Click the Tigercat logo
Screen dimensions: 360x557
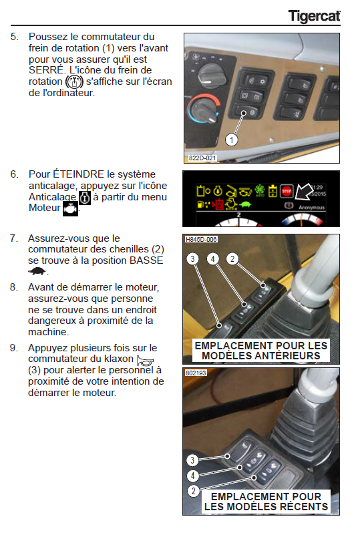point(314,16)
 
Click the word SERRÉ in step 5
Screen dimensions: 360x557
point(47,70)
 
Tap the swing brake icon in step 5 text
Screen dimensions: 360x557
point(74,81)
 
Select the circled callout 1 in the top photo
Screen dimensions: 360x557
point(231,140)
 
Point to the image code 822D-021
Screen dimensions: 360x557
point(202,158)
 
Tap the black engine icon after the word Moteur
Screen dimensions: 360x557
point(70,209)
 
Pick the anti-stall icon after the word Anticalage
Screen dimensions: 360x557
point(85,198)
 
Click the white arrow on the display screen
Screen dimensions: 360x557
point(304,192)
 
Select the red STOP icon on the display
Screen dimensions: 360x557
point(287,191)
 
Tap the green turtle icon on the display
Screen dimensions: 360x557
point(245,204)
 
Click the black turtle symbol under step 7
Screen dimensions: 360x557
point(37,272)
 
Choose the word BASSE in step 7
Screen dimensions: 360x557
point(146,260)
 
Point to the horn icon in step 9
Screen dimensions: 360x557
point(145,361)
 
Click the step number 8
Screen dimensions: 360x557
point(14,287)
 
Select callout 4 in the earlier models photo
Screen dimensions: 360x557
point(212,259)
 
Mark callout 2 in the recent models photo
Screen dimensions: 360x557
point(193,491)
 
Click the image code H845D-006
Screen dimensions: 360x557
point(201,239)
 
